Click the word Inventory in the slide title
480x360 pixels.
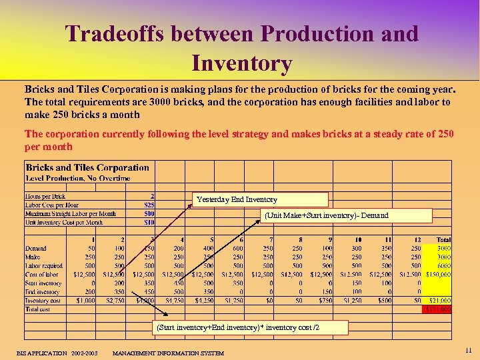point(241,64)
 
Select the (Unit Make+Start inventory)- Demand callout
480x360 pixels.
point(346,215)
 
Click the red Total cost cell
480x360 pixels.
point(437,309)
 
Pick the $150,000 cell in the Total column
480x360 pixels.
point(437,274)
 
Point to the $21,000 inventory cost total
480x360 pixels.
point(439,301)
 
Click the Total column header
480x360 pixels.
point(443,239)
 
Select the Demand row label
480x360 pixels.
point(36,248)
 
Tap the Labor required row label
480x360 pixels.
point(46,265)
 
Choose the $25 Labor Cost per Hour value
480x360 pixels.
point(149,205)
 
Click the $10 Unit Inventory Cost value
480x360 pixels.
point(149,222)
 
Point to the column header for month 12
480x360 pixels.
point(417,239)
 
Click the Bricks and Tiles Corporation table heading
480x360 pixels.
point(87,168)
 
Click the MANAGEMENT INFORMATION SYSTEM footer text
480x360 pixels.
point(168,353)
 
